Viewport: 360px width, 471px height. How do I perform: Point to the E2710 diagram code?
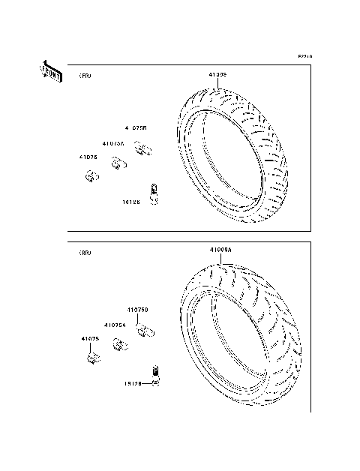pyautogui.click(x=304, y=57)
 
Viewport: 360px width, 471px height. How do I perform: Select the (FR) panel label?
pyautogui.click(x=84, y=76)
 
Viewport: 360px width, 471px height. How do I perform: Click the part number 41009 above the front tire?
pyautogui.click(x=217, y=75)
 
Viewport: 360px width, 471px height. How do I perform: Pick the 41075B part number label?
pyautogui.click(x=136, y=128)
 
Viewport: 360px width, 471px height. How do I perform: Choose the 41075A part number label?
pyautogui.click(x=113, y=142)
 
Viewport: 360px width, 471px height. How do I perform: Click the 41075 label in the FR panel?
pyautogui.click(x=88, y=157)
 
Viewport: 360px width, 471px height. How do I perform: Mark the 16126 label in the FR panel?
pyautogui.click(x=130, y=201)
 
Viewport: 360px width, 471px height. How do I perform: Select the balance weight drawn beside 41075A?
pyautogui.click(x=118, y=163)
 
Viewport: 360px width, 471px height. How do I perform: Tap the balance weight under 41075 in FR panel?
pyautogui.click(x=92, y=178)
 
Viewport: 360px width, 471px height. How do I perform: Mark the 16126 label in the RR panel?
pyautogui.click(x=133, y=383)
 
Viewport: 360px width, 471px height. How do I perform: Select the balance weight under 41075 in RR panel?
pyautogui.click(x=93, y=358)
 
